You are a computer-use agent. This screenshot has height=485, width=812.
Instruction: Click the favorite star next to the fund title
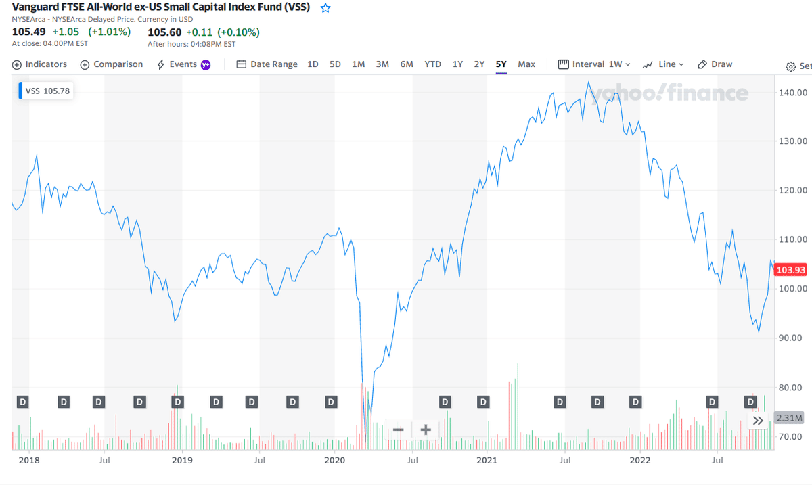click(325, 8)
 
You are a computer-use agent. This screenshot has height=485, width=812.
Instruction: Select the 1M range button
click(358, 64)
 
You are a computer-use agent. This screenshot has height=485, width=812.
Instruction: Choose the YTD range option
click(432, 64)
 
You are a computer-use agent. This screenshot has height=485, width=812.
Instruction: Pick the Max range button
click(526, 64)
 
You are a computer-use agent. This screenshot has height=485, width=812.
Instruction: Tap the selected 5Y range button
click(501, 64)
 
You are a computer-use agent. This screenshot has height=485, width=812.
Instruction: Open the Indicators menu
click(40, 64)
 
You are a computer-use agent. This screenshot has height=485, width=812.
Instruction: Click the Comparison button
click(112, 64)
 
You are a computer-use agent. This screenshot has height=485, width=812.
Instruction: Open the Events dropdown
click(183, 64)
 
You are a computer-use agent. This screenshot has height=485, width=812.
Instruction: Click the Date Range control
click(267, 64)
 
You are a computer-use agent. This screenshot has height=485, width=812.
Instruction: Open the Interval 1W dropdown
click(594, 64)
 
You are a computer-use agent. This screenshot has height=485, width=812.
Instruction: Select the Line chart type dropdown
click(663, 64)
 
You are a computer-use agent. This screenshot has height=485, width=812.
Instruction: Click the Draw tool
click(715, 64)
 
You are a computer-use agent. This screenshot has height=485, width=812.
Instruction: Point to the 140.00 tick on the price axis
click(792, 92)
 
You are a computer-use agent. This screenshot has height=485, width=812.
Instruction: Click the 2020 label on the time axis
click(334, 461)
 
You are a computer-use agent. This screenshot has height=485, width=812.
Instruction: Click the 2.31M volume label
click(789, 418)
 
